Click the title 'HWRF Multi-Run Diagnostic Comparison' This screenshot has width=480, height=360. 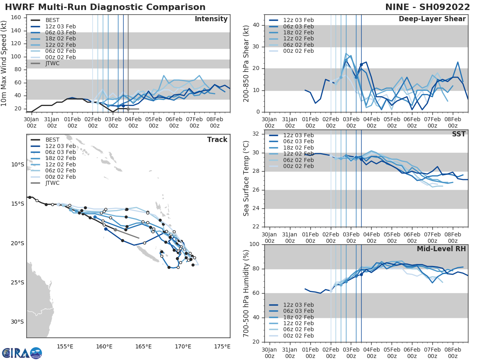coord(105,7)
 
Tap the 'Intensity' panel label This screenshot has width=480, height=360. coord(211,19)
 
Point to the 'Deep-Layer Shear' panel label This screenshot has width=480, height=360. coord(432,19)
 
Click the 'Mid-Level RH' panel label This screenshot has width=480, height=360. coord(441,249)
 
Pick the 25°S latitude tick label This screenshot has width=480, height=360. coord(17,283)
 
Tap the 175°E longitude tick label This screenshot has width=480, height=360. coord(222,346)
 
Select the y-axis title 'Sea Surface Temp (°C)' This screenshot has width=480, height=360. coord(246,178)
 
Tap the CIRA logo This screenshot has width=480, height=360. coord(22,353)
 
